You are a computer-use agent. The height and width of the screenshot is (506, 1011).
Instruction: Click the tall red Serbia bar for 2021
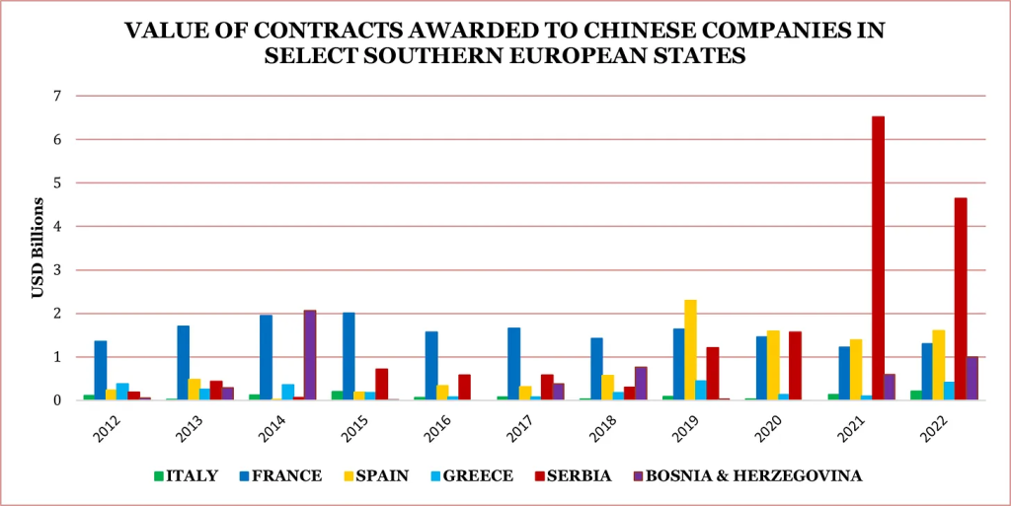[x=878, y=257]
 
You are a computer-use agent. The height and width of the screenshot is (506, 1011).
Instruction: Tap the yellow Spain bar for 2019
[x=690, y=349]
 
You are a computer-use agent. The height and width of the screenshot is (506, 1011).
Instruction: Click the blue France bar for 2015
[x=349, y=355]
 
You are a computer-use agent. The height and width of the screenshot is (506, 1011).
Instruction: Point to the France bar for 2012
[x=101, y=370]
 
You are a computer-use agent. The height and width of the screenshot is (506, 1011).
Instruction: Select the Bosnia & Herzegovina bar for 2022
[x=972, y=378]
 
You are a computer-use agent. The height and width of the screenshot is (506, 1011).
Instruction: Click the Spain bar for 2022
[x=939, y=364]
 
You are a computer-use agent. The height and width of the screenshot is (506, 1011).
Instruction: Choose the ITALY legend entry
[x=189, y=476]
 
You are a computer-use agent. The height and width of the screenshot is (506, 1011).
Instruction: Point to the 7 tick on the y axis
[x=56, y=97]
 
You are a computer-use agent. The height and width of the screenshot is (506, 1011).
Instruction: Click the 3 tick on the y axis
[x=56, y=270]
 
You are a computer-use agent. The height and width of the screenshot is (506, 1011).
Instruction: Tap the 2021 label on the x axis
[x=845, y=426]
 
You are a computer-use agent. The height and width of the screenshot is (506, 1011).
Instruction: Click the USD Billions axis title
[x=38, y=248]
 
